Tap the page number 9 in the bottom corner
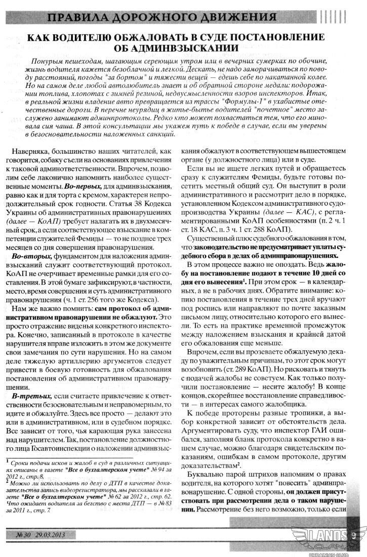354,534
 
